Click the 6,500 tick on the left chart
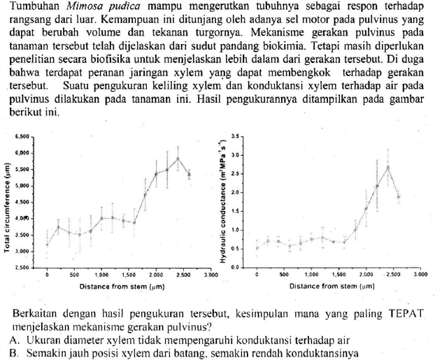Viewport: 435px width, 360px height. (x=23, y=136)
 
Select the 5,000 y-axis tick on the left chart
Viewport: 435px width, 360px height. (x=23, y=186)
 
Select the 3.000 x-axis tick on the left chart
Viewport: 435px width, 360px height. (x=208, y=277)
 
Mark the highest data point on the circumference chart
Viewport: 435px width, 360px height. (x=178, y=158)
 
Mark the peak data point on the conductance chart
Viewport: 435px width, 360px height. (x=388, y=166)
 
